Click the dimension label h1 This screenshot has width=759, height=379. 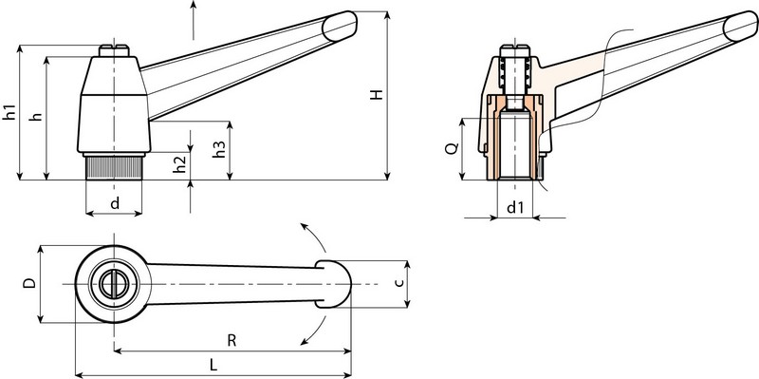click(9, 110)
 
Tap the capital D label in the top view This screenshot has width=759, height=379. click(28, 283)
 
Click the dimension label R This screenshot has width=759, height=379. click(231, 338)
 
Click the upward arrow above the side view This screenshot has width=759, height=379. click(194, 8)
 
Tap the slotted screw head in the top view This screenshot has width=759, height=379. click(114, 283)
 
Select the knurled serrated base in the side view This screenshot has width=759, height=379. click(114, 168)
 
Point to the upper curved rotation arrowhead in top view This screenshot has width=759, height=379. click(304, 226)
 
